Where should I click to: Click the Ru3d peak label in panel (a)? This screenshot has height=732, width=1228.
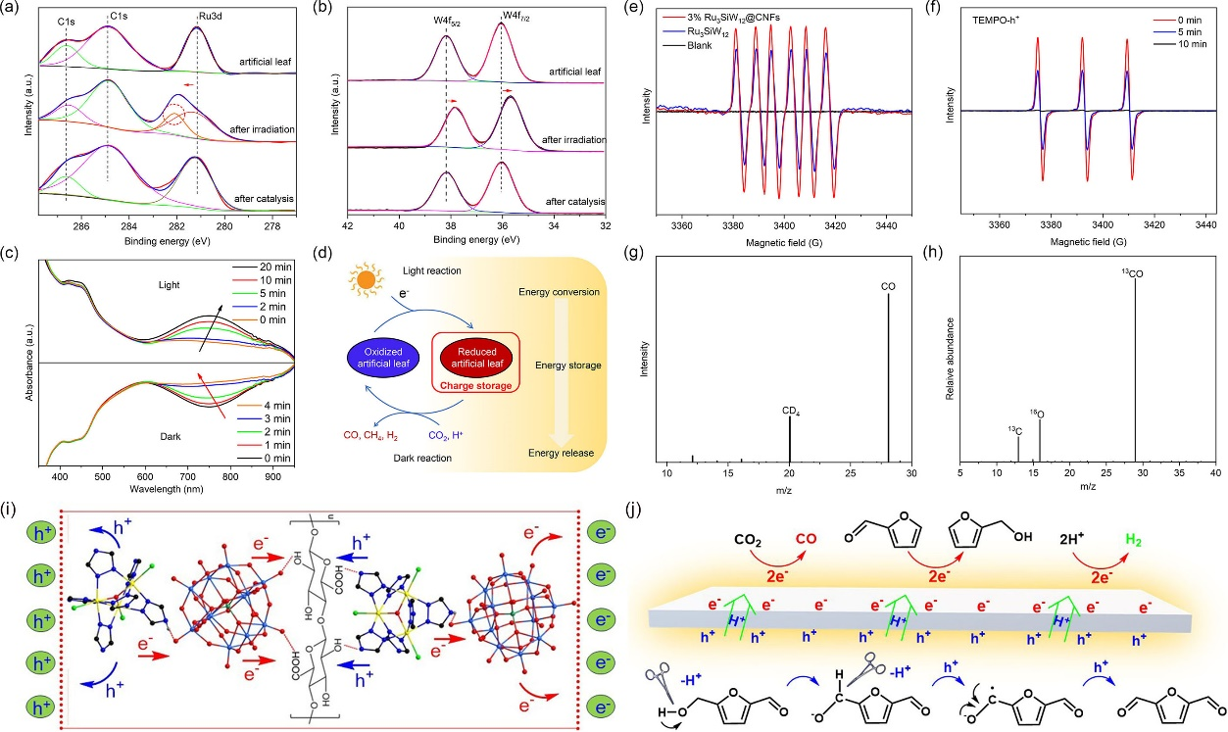coord(198,17)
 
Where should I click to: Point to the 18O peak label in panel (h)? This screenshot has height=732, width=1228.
coord(1039,415)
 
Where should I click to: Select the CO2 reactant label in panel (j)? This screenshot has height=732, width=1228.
coord(750,539)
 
